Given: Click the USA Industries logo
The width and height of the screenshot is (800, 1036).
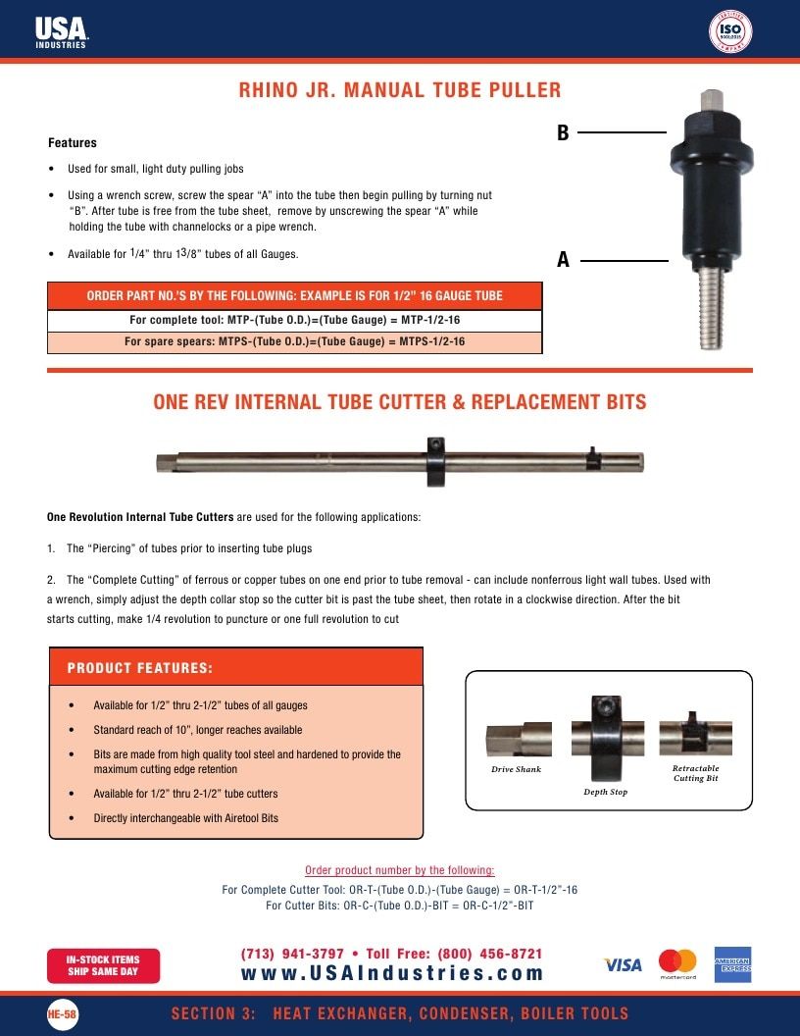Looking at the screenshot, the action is pos(62,31).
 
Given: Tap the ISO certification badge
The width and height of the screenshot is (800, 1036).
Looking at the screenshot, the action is pos(730,31).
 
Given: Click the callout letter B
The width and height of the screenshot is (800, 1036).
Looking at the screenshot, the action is pos(563,132).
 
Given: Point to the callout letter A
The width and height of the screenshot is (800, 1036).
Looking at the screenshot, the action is pos(563,259).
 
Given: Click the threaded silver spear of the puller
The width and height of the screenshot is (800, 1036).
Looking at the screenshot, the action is pos(711,307).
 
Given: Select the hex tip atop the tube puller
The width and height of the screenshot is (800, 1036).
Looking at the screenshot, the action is pos(712,102).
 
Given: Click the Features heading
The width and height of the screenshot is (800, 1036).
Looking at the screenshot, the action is pos(72,142).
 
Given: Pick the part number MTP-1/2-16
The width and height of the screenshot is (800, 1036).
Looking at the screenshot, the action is pos(430,320).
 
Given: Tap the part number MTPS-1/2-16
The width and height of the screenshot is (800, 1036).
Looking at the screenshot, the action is pos(431,341).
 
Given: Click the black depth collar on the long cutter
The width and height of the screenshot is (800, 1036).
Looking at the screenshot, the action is pos(435,461).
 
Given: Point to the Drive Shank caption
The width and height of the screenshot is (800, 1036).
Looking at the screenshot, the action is pos(516,769).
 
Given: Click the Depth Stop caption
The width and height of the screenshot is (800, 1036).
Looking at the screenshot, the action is pos(605,792).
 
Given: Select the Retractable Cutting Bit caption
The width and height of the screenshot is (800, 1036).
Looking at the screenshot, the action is pos(696,773).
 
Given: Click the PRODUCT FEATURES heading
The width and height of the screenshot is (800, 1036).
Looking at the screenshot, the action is pos(140,668).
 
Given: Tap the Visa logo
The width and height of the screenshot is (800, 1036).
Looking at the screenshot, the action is pos(623,964).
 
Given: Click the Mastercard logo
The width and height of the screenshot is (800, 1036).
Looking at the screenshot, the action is pos(677,964).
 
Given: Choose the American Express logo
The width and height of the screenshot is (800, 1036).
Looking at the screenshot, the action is pos(732,964).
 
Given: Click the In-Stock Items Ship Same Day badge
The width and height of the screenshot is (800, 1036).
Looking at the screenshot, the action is pos(103,965).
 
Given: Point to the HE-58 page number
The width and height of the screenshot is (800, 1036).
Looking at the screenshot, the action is pos(62,1013).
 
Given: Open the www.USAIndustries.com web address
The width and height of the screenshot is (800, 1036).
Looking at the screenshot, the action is pos(392,973).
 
